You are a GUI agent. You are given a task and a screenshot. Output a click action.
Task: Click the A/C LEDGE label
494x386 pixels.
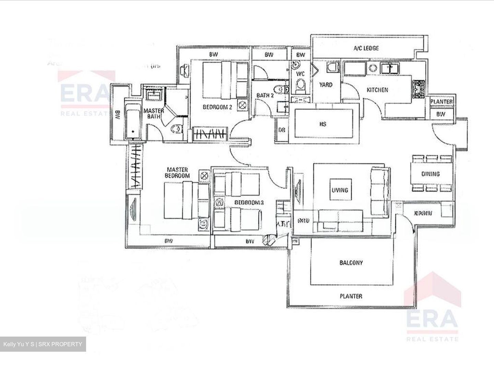[x=366, y=48]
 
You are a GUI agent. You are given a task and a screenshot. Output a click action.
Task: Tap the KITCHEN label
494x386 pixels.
[x=377, y=90]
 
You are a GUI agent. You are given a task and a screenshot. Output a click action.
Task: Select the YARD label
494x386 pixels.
[x=326, y=84]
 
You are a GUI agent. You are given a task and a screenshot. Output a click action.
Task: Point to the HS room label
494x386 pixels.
[x=322, y=124]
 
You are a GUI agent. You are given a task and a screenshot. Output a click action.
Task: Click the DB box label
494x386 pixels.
[x=282, y=130]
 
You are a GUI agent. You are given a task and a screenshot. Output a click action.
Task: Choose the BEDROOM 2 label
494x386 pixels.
[x=217, y=107]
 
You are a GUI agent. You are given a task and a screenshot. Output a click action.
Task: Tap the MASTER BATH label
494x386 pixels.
[x=153, y=114]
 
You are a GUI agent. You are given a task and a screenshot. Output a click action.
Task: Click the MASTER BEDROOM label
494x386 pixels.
[x=177, y=173]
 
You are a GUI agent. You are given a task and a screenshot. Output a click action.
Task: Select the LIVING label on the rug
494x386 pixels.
[x=340, y=190]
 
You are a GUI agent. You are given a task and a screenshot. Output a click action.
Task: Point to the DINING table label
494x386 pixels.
[x=431, y=174]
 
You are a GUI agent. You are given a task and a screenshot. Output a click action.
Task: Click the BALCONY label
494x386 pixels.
[x=351, y=263]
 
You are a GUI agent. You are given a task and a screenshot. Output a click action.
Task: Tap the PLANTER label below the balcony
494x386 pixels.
[x=351, y=296]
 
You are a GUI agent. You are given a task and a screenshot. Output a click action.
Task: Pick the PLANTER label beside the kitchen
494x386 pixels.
[x=442, y=102]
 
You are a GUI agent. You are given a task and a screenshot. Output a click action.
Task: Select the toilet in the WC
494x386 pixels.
[x=300, y=85]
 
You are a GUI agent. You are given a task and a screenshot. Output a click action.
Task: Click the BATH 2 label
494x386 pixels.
[x=265, y=95]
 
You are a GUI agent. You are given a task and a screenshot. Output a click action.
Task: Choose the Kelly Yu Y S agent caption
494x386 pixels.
[x=43, y=344]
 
